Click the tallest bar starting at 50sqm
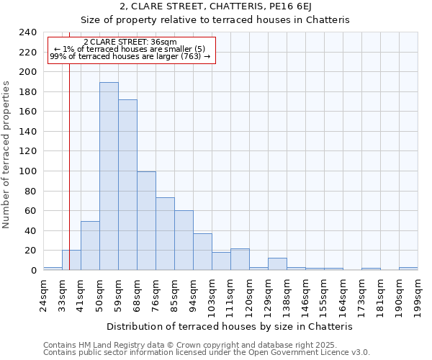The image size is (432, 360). [x=109, y=176]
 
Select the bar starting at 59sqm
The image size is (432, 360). [x=127, y=185]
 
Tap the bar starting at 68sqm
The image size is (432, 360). [x=146, y=221]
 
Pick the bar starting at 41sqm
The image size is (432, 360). [x=90, y=246]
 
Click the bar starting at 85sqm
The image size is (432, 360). [x=184, y=240]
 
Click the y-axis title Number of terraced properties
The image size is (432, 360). [x=7, y=155]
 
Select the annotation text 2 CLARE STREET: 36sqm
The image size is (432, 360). [x=130, y=42]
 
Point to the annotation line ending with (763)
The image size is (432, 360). [x=130, y=56]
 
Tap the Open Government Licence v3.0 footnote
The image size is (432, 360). [x=206, y=353]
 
